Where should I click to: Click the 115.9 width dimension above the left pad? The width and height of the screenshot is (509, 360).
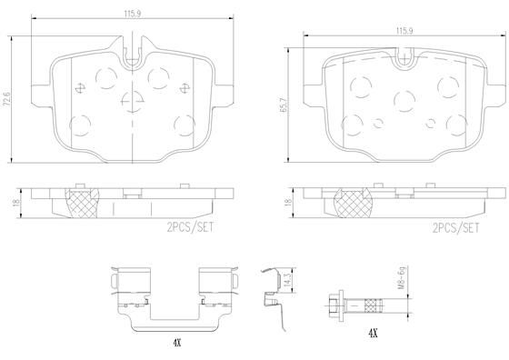tap(132, 14)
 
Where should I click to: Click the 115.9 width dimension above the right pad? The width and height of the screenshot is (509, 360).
tap(404, 31)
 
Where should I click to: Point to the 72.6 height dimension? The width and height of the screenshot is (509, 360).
tap(7, 99)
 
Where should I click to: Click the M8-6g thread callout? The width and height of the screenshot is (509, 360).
tap(402, 278)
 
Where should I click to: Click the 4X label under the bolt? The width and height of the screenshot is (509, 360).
tap(373, 333)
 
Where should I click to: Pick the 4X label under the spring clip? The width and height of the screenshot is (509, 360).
tap(176, 343)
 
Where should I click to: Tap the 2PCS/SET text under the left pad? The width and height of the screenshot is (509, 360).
tap(191, 227)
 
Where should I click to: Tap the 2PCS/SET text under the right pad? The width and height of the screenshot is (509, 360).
tap(455, 228)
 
